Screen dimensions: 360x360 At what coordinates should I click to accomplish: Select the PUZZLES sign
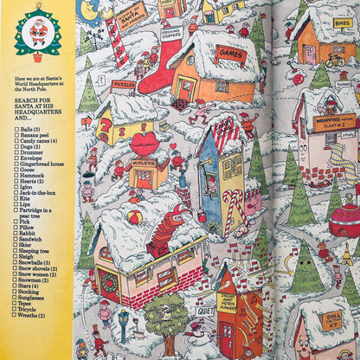[123, 86]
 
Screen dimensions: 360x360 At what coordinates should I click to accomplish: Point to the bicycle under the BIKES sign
[335, 61]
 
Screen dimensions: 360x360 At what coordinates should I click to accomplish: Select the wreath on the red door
[109, 281]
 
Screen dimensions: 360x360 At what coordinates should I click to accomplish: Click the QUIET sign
[205, 310]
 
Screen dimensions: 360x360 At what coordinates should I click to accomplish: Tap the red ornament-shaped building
[346, 218]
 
